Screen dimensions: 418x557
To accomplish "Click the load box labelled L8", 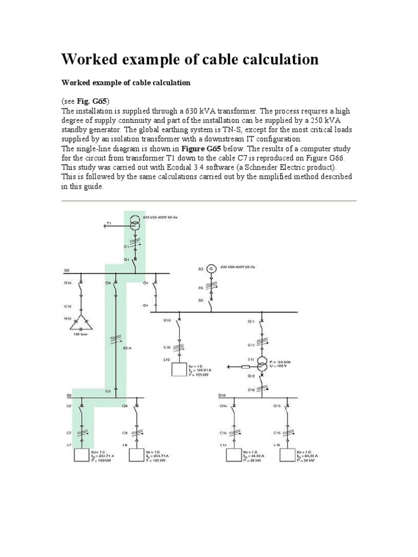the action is click(136, 455).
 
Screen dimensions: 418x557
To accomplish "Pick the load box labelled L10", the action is click(179, 369).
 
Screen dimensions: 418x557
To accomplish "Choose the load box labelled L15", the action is click(288, 455).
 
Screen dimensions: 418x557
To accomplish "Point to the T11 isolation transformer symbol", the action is click(263, 363).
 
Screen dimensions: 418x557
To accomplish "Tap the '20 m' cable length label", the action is click(127, 348).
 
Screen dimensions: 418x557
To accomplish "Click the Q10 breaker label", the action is click(167, 320).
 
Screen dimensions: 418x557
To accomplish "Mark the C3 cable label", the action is click(108, 391).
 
